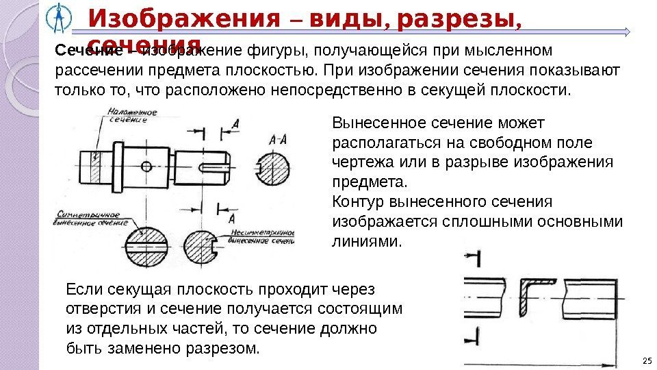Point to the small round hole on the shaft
pyautogui.click(x=146, y=166)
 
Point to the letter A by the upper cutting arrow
pyautogui.click(x=235, y=123)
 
